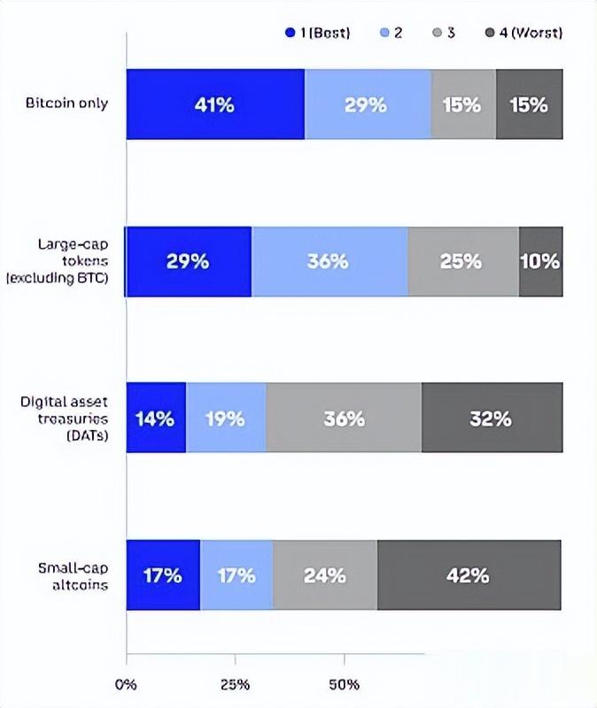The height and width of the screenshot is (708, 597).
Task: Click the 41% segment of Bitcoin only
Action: tap(215, 104)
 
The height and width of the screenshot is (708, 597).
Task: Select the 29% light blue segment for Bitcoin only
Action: tap(367, 104)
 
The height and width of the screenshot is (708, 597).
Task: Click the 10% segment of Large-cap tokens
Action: tap(540, 262)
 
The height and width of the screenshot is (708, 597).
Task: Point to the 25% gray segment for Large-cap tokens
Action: tap(463, 262)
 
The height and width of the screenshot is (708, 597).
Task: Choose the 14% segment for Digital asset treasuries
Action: tap(156, 419)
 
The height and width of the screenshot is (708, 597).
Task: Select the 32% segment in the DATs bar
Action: tap(492, 419)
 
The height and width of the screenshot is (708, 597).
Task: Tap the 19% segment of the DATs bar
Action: tap(226, 419)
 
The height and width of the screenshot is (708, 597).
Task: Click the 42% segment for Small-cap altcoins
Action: tap(469, 575)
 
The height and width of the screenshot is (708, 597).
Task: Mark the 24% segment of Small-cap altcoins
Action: tap(325, 575)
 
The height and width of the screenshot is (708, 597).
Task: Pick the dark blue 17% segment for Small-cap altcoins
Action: tap(163, 575)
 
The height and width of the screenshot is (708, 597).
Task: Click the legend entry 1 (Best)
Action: tap(318, 33)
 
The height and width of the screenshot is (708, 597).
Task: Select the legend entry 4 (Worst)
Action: tap(524, 33)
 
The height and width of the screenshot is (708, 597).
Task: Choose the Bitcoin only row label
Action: tap(67, 104)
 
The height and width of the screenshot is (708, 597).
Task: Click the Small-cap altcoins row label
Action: tap(73, 575)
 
